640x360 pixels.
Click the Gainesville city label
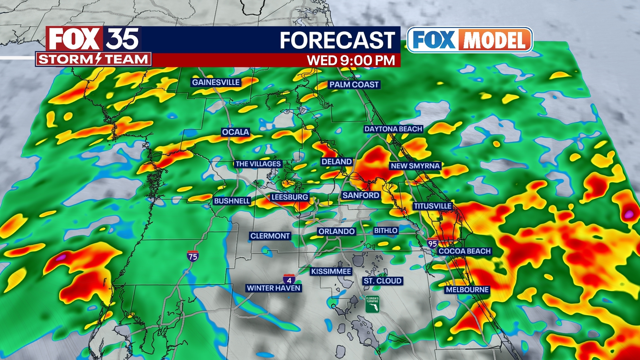[x=216, y=82]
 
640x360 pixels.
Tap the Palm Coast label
[x=354, y=85]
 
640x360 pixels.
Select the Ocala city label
[x=235, y=132]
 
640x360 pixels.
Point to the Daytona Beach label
[x=393, y=129]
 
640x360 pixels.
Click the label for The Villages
[x=258, y=164]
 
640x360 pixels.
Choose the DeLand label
[x=336, y=162]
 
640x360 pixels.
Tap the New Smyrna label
[x=415, y=166]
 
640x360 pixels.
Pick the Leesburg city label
[x=289, y=197]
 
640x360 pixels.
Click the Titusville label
[x=433, y=206]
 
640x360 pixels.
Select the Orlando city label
[x=336, y=231]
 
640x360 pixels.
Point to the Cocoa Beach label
[x=464, y=251]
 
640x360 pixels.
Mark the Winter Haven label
[x=273, y=288]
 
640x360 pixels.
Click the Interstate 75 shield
[x=193, y=256]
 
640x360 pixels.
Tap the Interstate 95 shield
[x=432, y=243]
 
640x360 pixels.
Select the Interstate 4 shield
[x=289, y=279]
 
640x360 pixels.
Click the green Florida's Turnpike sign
[x=372, y=304]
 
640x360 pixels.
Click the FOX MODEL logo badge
[x=470, y=40]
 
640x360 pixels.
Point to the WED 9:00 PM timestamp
[x=351, y=60]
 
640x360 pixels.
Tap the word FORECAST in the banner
[x=337, y=40]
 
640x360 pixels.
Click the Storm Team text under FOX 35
[x=93, y=59]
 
